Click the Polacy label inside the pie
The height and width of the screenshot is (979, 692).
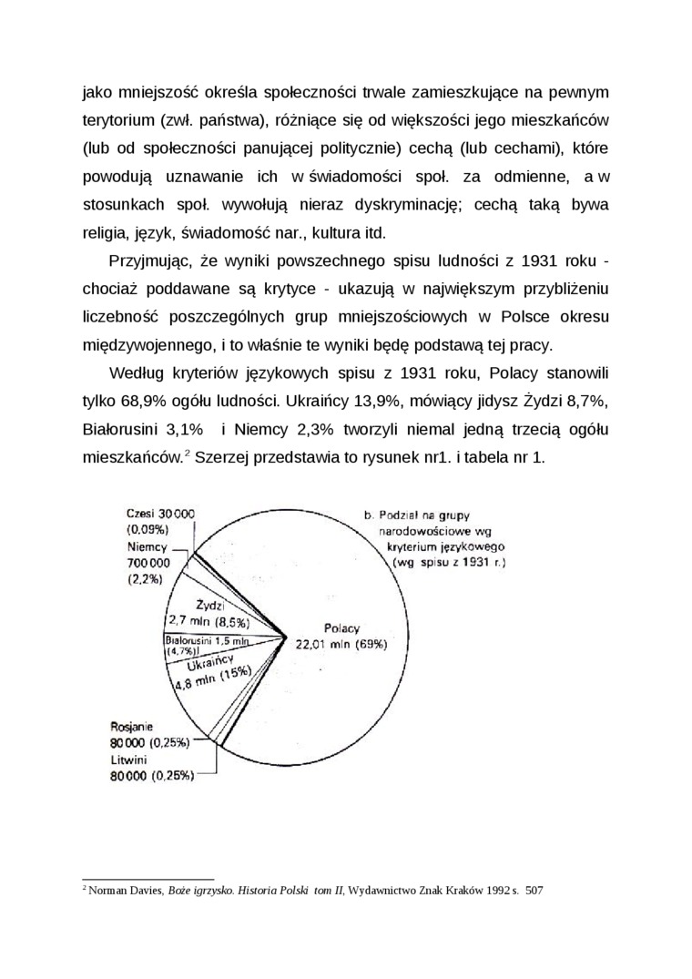[341, 627]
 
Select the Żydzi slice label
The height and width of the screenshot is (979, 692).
[209, 605]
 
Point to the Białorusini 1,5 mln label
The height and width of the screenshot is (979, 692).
[207, 641]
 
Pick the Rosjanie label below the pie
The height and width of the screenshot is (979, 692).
[133, 727]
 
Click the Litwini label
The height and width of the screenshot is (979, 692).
[130, 760]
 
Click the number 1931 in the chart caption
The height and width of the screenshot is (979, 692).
[478, 562]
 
